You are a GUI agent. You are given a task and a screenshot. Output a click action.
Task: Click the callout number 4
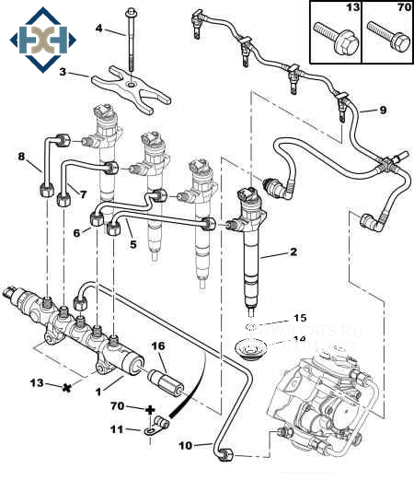tap(99, 29)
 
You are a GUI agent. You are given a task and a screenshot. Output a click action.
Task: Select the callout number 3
tap(63, 72)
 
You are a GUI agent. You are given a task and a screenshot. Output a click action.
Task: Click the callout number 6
tap(77, 233)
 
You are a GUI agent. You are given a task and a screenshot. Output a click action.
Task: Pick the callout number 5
tap(132, 245)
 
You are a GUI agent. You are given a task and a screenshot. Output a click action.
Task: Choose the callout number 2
tap(293, 252)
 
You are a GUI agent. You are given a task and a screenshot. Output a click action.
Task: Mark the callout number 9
tap(384, 110)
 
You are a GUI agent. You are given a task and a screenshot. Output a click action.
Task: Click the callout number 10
tap(185, 446)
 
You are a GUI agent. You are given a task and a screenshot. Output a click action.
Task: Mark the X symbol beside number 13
tap(64, 387)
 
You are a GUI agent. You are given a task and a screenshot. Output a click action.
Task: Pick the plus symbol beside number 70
tap(150, 407)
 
